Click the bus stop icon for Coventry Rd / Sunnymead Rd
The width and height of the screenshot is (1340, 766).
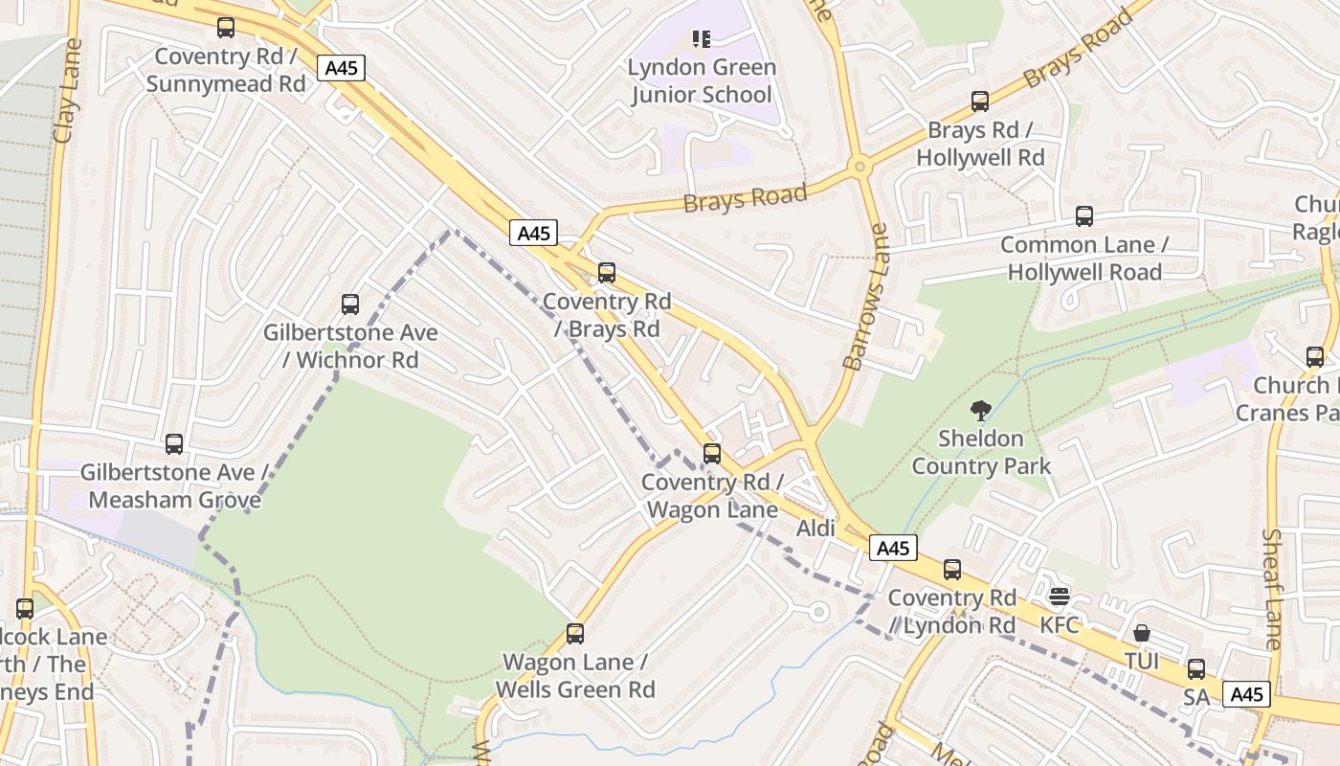[226, 28]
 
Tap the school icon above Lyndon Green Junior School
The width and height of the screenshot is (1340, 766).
[702, 39]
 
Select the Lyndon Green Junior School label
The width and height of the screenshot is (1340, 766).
[702, 81]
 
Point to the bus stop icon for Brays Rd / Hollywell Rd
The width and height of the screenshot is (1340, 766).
[979, 101]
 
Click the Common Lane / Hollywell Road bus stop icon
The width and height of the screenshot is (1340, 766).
[1083, 216]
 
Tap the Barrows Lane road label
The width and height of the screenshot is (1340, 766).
[865, 297]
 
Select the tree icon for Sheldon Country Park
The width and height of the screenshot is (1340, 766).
[980, 411]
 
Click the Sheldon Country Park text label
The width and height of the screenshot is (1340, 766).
[981, 453]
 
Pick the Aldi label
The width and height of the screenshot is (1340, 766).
[815, 529]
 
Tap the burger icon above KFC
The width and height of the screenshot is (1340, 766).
[1059, 597]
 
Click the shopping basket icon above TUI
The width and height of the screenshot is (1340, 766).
[1141, 633]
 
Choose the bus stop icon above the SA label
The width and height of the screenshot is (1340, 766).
[1196, 668]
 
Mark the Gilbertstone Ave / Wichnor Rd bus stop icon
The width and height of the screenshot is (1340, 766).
[350, 304]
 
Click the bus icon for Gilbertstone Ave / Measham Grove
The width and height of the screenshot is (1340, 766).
[173, 444]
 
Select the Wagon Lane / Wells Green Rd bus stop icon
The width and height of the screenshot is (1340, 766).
[574, 634]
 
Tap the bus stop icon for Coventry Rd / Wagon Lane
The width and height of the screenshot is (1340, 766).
[711, 454]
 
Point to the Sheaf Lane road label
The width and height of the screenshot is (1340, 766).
[1272, 589]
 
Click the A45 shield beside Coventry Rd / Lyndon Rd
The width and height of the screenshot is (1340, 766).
[893, 548]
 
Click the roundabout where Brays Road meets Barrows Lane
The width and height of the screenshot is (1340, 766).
[860, 167]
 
